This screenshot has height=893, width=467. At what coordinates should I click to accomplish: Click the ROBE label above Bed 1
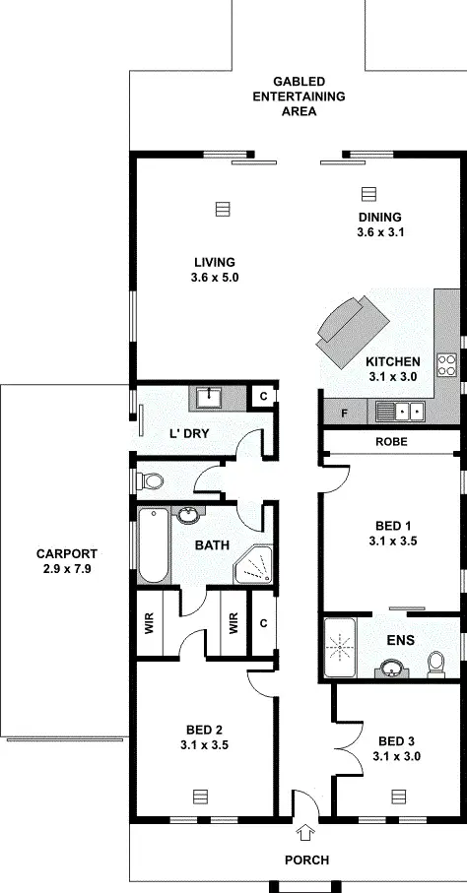391,443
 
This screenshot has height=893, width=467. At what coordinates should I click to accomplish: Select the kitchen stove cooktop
447,364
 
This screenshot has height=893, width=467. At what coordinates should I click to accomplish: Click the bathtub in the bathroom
154,546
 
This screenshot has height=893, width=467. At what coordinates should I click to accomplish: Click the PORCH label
306,860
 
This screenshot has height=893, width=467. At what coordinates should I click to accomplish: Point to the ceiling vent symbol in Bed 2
201,795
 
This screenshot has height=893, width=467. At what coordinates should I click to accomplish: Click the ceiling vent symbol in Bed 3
398,795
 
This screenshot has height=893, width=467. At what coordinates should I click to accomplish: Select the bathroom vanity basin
188,515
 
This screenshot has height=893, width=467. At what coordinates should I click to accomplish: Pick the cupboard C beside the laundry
262,396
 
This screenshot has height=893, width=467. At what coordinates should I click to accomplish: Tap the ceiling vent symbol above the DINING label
368,193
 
